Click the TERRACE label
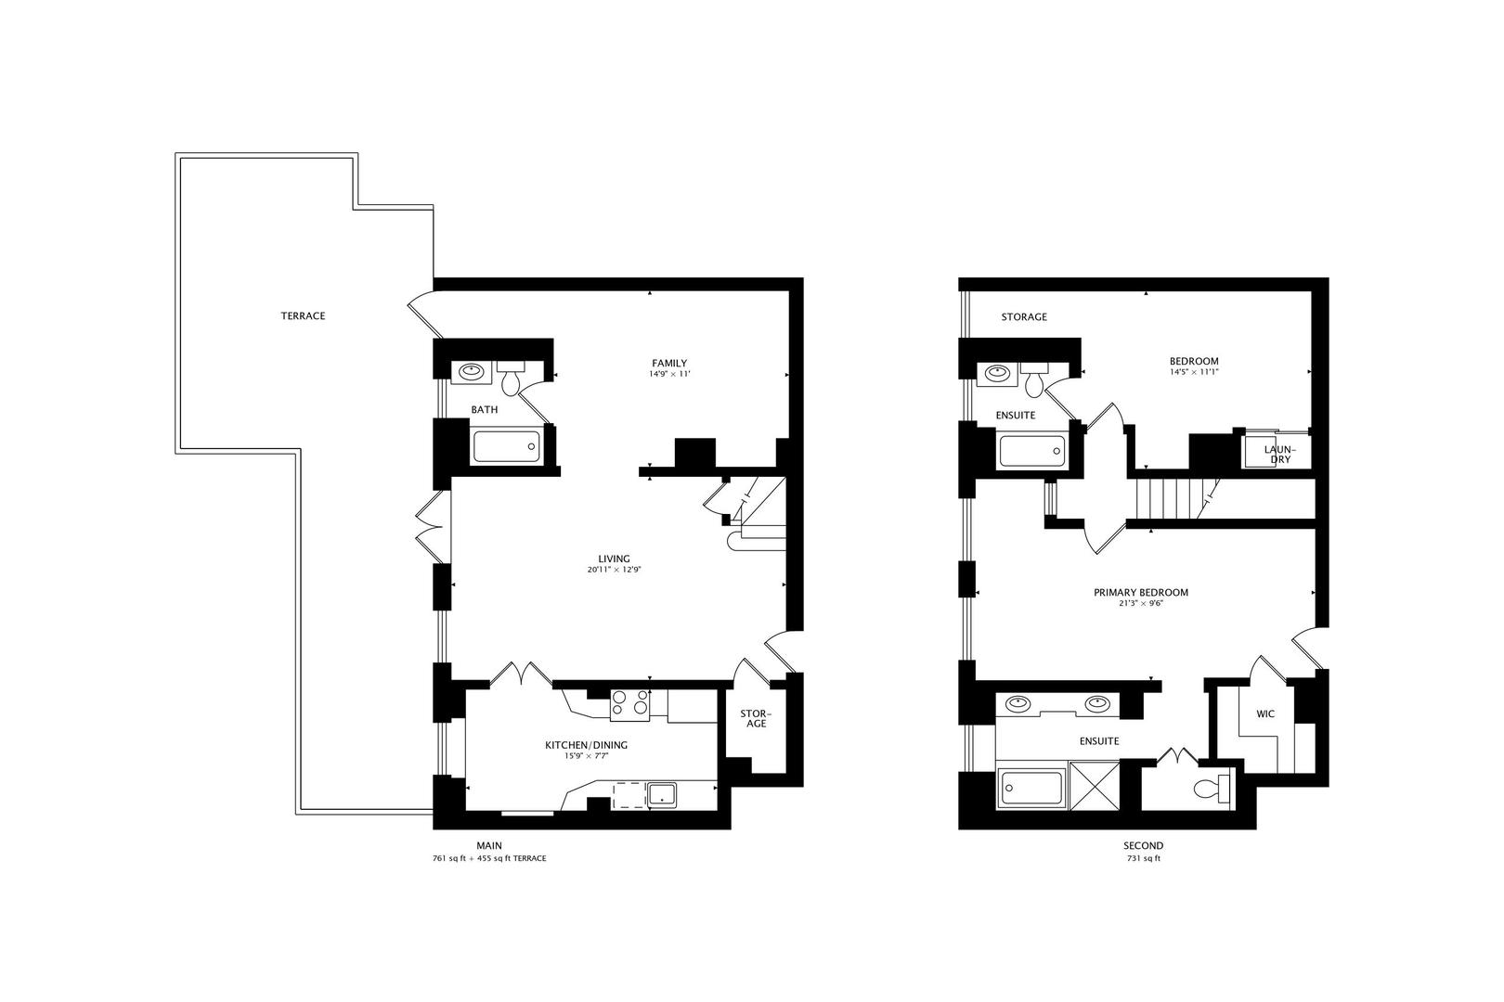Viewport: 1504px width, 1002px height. pos(303,316)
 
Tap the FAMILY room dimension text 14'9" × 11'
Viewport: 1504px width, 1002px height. pos(669,375)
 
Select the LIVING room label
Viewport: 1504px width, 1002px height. pos(614,559)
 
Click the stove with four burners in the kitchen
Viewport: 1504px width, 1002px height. pos(629,705)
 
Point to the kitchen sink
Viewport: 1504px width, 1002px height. pos(663,794)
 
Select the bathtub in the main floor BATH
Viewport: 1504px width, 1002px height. pos(506,446)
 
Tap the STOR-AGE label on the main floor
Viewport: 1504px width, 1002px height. pos(757,718)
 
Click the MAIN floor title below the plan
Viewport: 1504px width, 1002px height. pos(489,845)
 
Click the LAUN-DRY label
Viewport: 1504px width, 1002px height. pos(1279,454)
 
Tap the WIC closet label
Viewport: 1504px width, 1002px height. pos(1264,714)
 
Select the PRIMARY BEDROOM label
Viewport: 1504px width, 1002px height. pos(1140,592)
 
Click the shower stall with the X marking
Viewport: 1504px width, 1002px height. pos(1094,784)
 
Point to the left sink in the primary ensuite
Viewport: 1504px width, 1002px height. pos(1018,703)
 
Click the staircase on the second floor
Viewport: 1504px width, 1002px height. pos(1175,499)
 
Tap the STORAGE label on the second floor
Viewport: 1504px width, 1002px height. pos(1023,317)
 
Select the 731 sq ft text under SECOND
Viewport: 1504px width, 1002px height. pos(1143,859)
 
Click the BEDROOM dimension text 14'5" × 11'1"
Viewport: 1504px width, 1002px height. pos(1194,372)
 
